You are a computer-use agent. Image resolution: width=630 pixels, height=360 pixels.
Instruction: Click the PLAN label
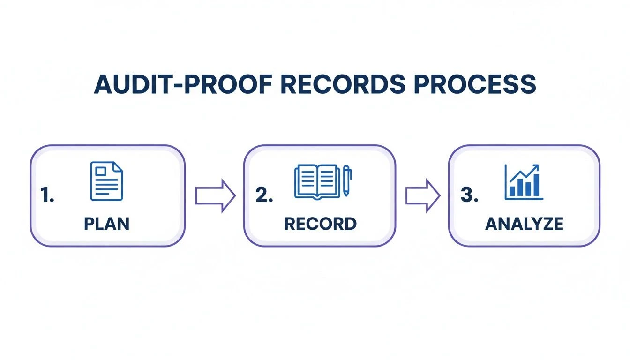(x=106, y=224)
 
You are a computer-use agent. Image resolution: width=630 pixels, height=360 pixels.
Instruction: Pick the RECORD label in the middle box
(x=320, y=224)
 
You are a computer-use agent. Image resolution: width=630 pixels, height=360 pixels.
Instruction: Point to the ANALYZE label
(x=524, y=224)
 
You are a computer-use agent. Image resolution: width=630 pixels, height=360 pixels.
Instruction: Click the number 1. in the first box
(x=47, y=196)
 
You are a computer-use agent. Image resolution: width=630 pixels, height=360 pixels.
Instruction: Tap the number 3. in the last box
(x=469, y=196)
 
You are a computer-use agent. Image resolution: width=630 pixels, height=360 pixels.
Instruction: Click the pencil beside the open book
(x=347, y=180)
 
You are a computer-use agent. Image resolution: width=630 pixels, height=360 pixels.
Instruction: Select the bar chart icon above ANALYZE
(x=524, y=182)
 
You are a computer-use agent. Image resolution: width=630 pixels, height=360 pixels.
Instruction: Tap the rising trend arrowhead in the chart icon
(x=536, y=167)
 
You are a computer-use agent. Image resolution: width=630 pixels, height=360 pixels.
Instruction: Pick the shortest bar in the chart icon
(x=512, y=191)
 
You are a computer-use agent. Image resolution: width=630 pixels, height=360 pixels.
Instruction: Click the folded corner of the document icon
(x=118, y=167)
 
